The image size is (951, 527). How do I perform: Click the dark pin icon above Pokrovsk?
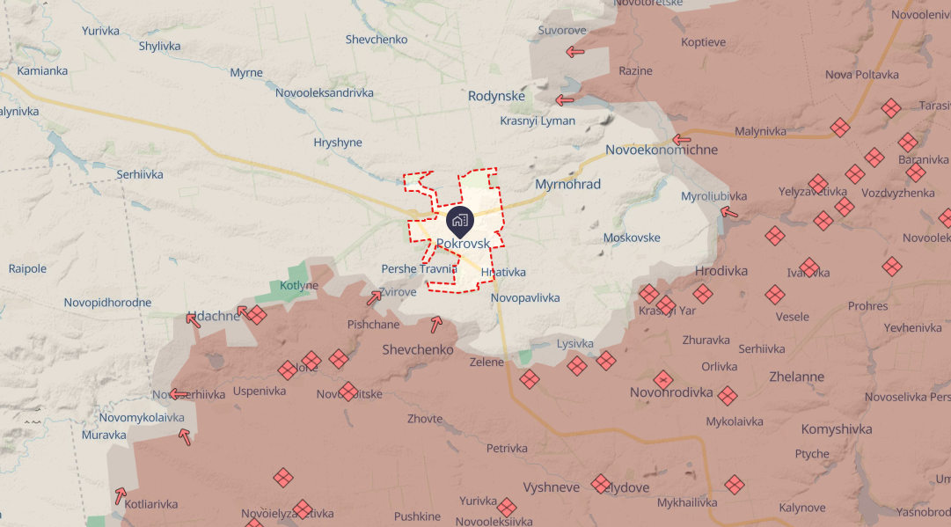click(x=459, y=219)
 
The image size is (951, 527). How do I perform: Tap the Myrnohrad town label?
click(x=567, y=185)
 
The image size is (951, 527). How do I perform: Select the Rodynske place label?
click(x=496, y=96)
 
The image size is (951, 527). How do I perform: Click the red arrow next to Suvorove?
click(x=575, y=52)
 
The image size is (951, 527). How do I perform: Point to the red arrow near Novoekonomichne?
click(x=681, y=139)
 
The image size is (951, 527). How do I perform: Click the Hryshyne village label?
click(x=338, y=142)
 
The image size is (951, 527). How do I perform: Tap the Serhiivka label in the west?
click(x=140, y=174)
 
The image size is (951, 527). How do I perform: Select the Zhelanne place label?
click(x=795, y=377)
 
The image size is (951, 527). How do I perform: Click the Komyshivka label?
click(x=837, y=429)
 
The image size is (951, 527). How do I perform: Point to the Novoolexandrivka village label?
click(x=324, y=92)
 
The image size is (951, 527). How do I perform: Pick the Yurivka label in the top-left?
click(x=100, y=31)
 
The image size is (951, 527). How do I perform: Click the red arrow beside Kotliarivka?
click(x=120, y=495)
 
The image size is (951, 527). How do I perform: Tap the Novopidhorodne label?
click(x=107, y=303)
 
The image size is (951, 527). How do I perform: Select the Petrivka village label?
click(x=507, y=448)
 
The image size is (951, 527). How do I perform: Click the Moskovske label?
click(x=632, y=238)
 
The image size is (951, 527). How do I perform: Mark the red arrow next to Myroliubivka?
click(x=728, y=211)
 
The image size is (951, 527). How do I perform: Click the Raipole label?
click(x=27, y=268)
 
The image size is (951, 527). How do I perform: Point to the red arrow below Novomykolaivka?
click(x=185, y=436)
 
